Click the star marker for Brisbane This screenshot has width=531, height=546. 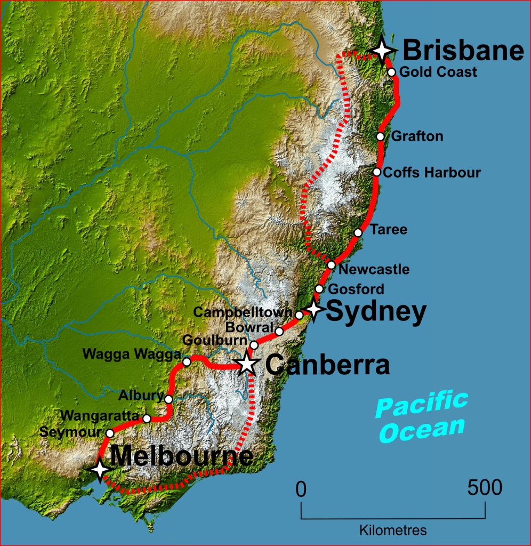[382, 50]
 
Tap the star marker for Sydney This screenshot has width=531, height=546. [313, 309]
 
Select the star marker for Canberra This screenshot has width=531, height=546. [247, 364]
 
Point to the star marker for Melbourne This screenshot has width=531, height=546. [100, 470]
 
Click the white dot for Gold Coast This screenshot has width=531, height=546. [392, 72]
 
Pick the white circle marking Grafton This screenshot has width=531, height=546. [380, 136]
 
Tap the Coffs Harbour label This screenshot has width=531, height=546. [432, 173]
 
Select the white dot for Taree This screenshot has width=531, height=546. [358, 232]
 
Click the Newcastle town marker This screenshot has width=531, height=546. [332, 265]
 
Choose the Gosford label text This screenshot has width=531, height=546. [356, 290]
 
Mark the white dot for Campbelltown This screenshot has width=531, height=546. [299, 315]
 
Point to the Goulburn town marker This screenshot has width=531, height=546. [254, 346]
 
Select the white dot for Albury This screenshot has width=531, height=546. [168, 399]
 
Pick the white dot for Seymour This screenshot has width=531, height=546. [110, 433]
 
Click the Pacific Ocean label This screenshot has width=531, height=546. [421, 416]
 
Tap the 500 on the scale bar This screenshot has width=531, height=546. [485, 487]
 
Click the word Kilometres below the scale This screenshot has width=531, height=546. [393, 531]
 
